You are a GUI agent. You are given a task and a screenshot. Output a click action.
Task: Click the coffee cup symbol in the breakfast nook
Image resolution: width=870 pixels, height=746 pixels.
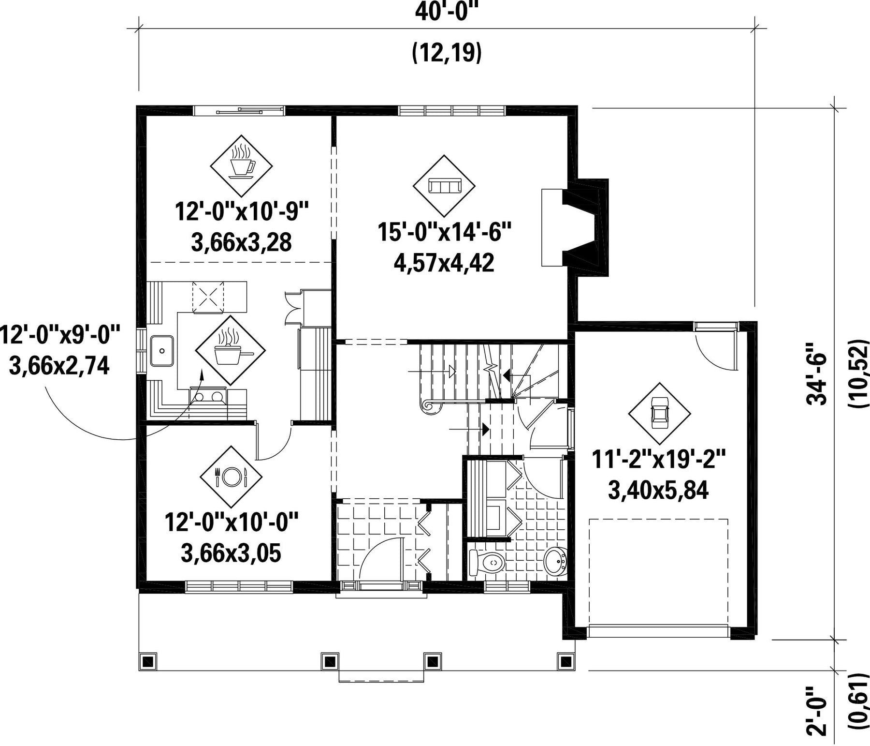point(241,162)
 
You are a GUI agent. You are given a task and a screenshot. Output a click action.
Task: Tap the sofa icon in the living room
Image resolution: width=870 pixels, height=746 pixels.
point(444,186)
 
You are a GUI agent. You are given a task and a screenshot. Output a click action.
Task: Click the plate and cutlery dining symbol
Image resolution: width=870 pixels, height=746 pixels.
point(231,477)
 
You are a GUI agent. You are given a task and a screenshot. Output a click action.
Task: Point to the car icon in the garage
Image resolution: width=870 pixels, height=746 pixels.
point(659,413)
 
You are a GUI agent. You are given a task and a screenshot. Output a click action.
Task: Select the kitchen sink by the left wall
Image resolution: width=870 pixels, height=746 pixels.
point(162,350)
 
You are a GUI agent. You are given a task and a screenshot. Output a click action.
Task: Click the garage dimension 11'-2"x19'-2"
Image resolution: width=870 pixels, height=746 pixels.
point(659,460)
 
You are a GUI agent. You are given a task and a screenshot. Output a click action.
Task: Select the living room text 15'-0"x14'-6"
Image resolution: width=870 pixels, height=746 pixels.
point(444,232)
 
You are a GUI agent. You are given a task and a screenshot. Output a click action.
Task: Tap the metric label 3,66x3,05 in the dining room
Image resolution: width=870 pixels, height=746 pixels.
point(231,553)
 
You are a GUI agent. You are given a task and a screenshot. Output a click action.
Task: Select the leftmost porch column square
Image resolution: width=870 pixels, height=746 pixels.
point(148,660)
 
